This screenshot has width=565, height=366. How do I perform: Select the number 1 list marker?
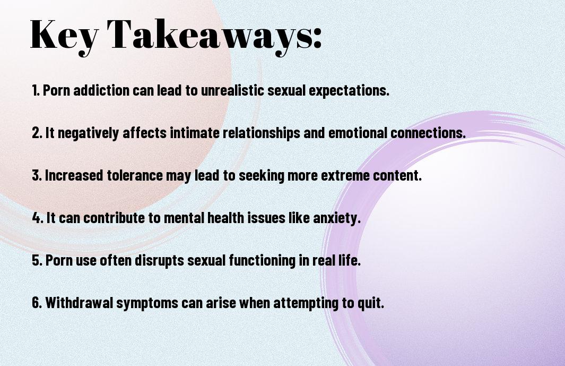coord(35,90)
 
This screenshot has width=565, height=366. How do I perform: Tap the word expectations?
coord(349,91)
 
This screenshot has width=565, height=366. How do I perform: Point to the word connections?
coord(428,133)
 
